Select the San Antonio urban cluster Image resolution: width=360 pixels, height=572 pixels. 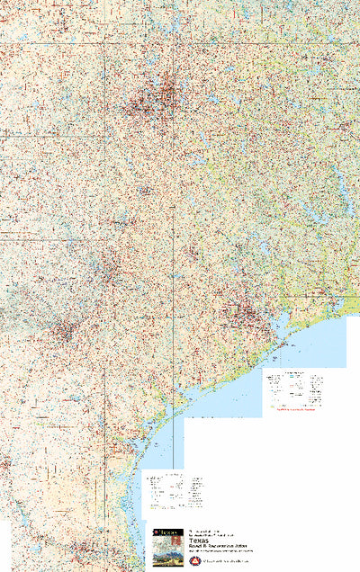point(63,330)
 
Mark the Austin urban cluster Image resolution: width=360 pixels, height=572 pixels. point(109,270)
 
